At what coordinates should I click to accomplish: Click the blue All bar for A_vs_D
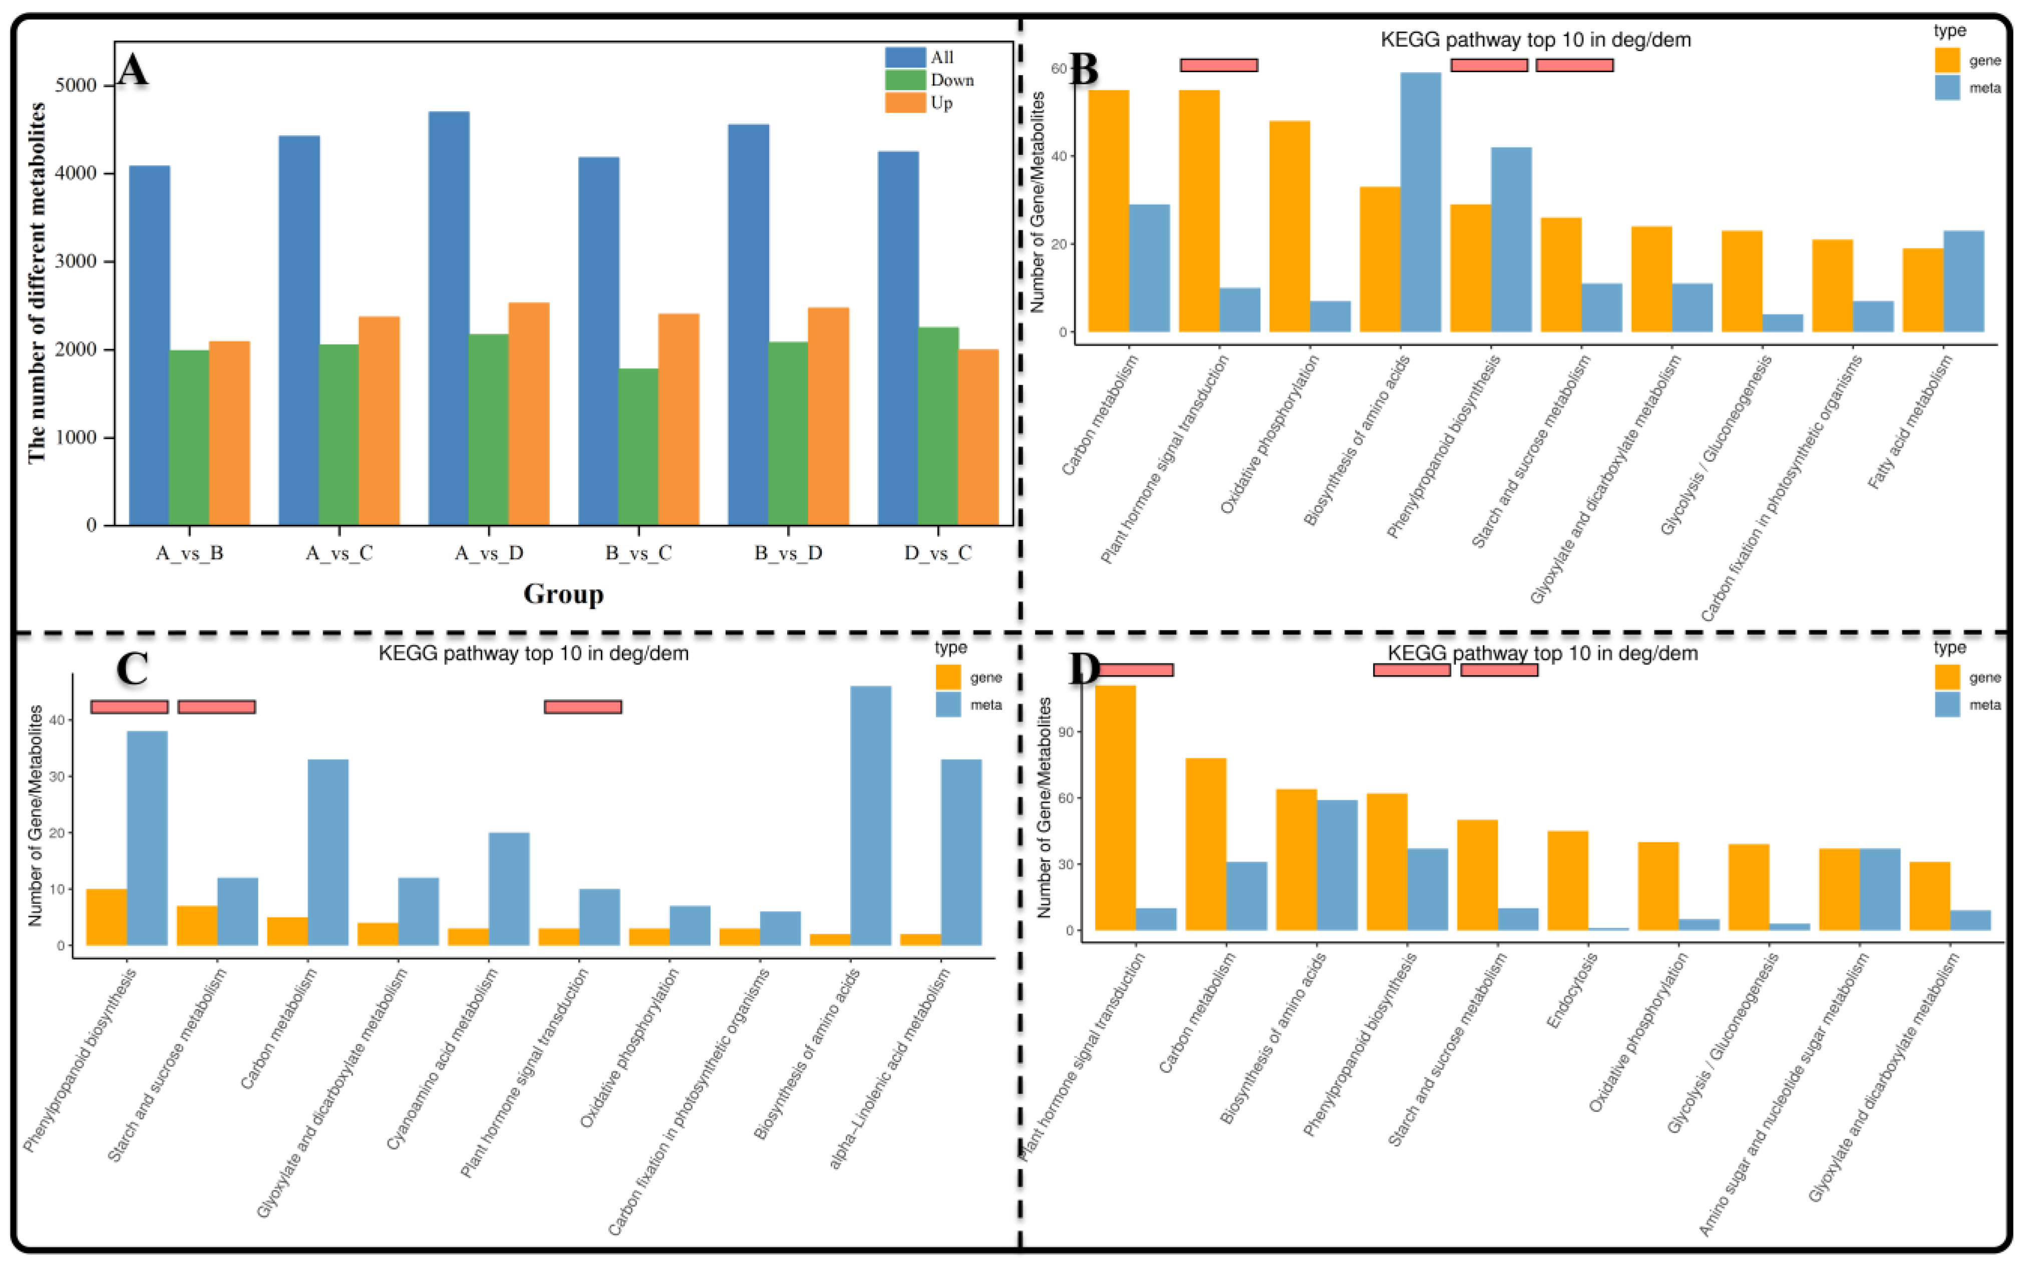point(449,318)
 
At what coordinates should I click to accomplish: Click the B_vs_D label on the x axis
point(789,553)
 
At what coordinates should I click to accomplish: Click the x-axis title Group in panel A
point(563,593)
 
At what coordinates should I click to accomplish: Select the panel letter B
point(1084,70)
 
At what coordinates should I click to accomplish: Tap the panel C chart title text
point(533,653)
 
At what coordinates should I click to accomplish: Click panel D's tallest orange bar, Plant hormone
point(1116,807)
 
